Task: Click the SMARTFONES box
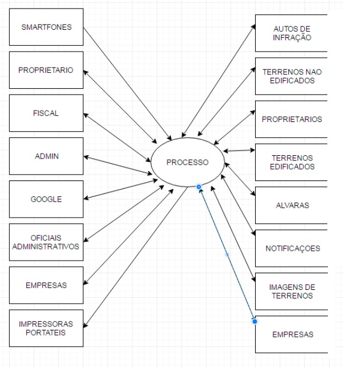46,27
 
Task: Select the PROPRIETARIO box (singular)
46,70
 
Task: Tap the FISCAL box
46,113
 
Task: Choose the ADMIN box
46,156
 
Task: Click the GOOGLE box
46,199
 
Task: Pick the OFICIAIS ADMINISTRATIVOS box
46,242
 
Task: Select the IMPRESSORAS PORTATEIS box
46,328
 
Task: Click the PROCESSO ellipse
187,162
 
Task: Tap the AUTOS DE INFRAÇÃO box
292,33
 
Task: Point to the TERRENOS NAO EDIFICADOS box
292,76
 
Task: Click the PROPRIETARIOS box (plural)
292,119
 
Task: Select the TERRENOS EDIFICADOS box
292,162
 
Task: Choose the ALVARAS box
292,205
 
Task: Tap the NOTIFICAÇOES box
292,249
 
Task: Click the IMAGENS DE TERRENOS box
292,292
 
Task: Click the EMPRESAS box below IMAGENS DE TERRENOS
292,334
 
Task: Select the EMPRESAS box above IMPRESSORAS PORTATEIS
46,285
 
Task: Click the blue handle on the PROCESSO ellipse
198,186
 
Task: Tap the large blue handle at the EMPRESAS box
255,321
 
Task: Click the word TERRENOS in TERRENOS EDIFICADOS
292,158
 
